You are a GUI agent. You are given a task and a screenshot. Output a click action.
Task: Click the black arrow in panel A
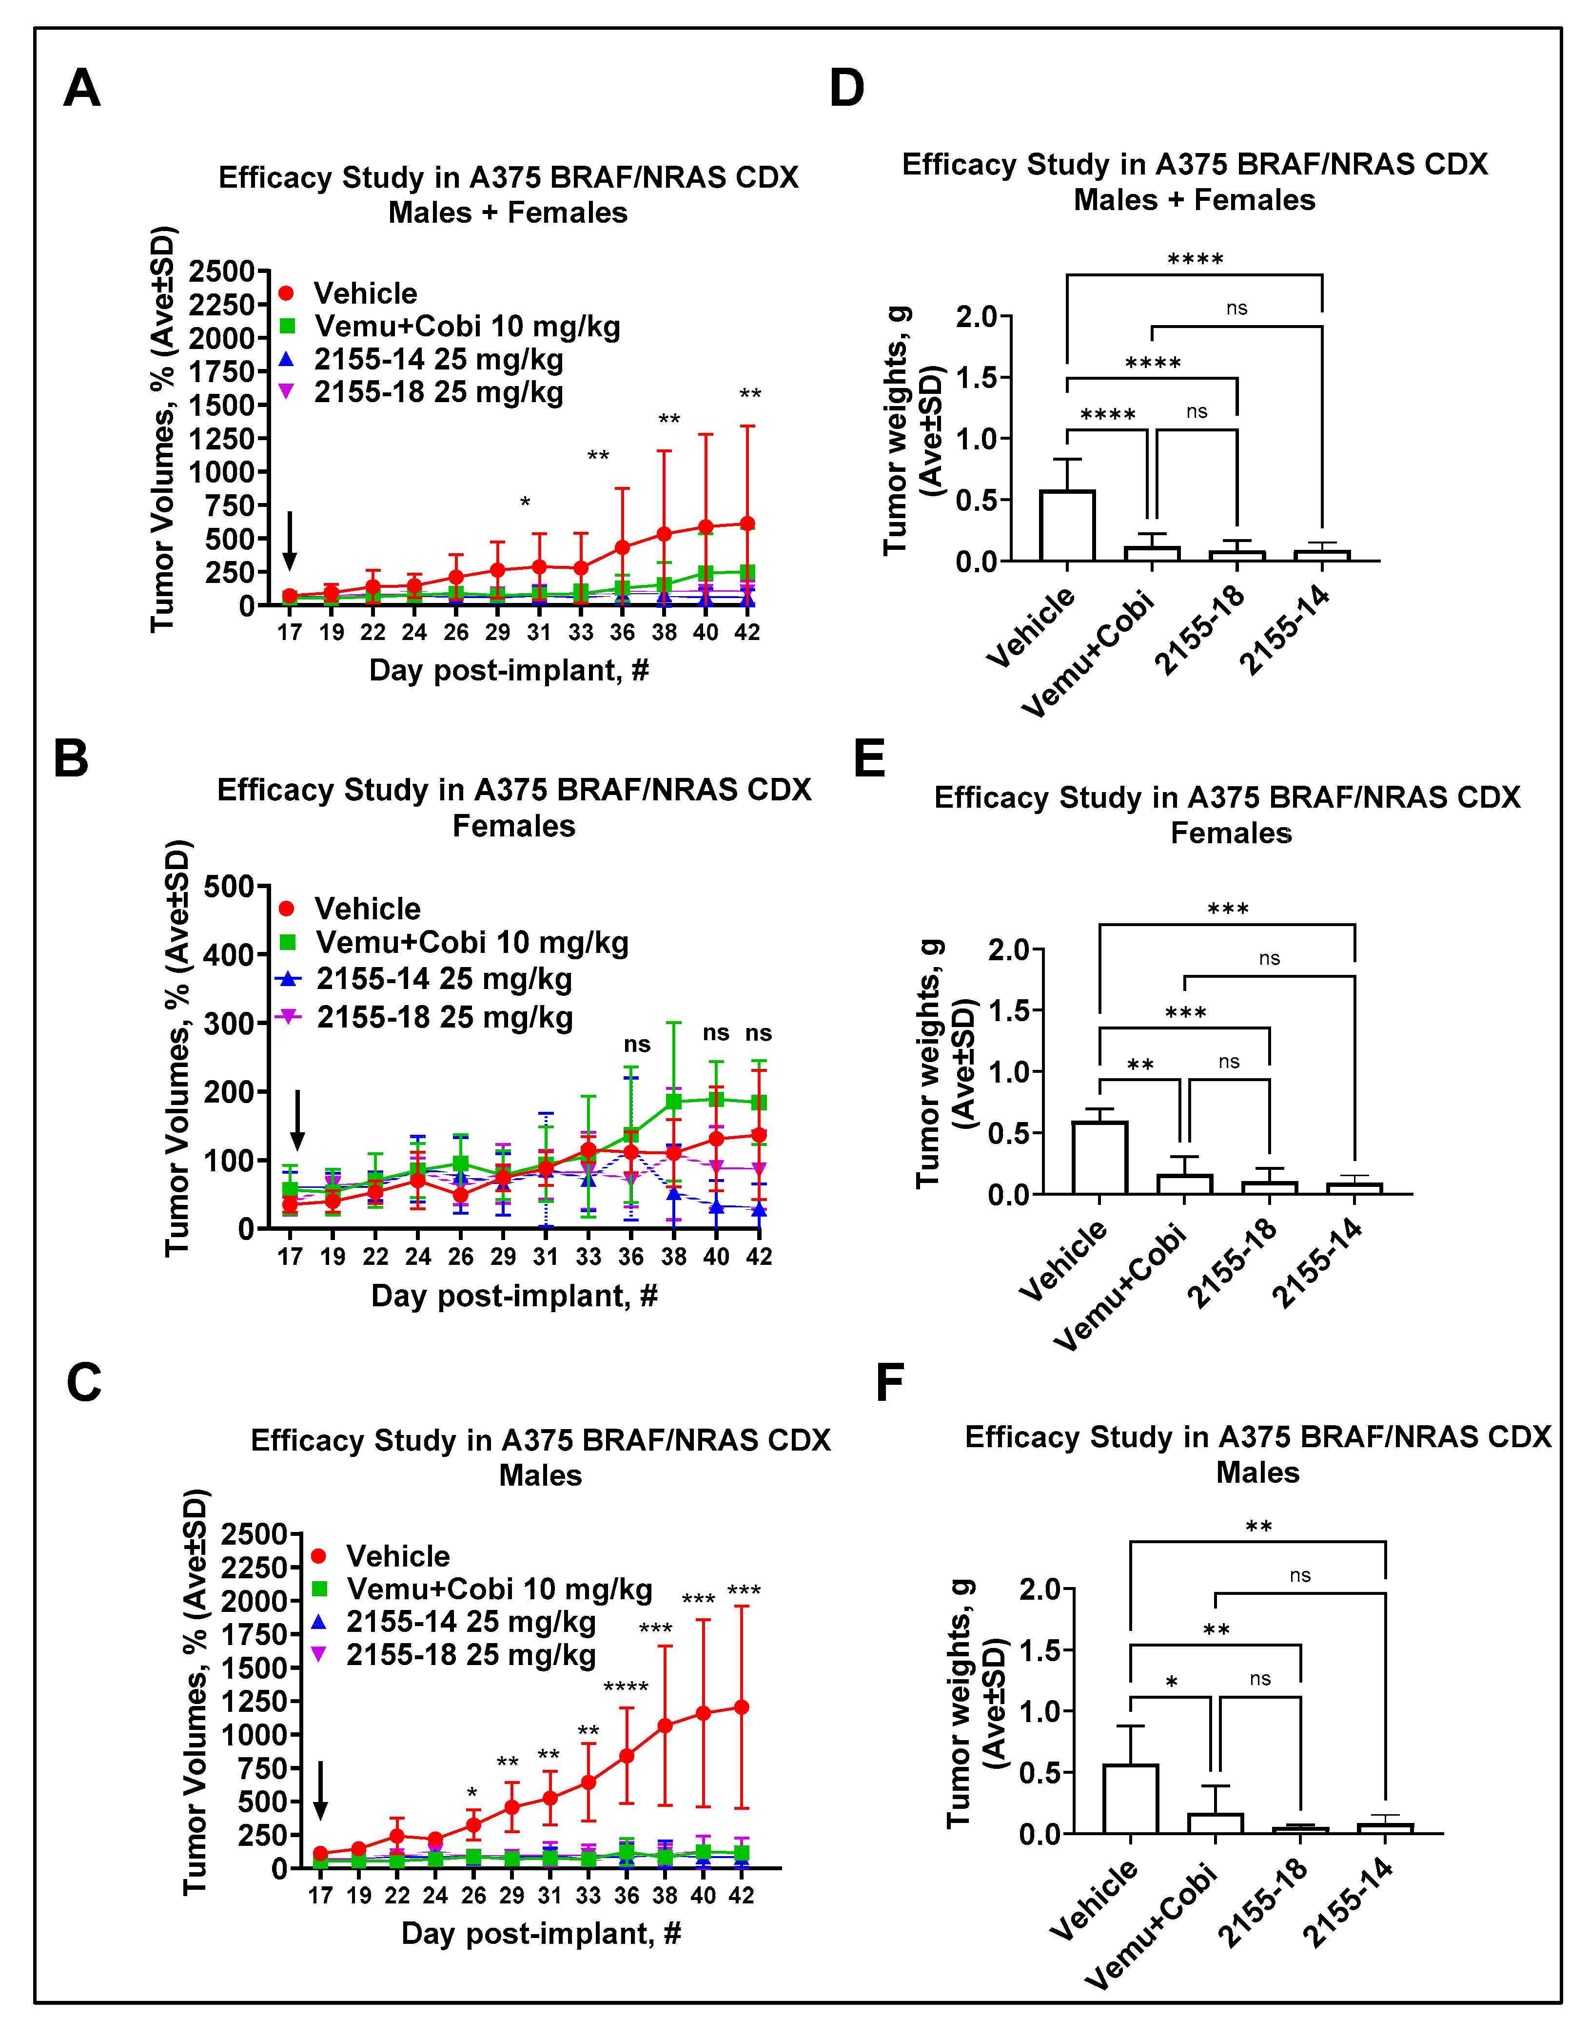click(290, 541)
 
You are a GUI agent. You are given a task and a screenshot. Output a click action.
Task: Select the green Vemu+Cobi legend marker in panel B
click(288, 942)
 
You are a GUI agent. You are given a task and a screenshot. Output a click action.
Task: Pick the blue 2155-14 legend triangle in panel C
click(319, 1622)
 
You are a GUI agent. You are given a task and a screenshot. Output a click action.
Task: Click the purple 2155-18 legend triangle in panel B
click(288, 1017)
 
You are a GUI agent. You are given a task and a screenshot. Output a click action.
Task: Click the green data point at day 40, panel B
click(716, 1100)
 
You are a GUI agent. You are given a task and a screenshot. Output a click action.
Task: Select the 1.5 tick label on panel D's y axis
click(976, 377)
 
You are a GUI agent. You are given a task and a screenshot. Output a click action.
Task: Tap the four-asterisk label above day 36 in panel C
click(626, 1687)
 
